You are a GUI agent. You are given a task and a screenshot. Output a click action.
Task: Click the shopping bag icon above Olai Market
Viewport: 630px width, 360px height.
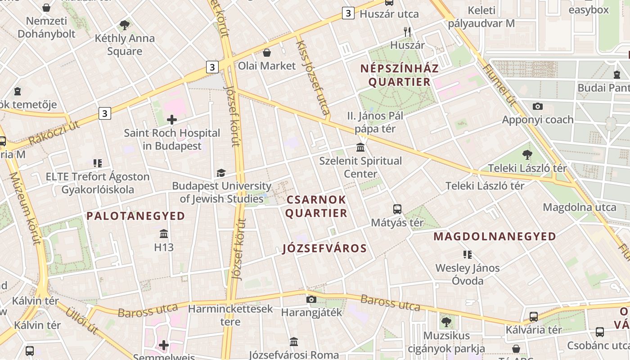(267, 53)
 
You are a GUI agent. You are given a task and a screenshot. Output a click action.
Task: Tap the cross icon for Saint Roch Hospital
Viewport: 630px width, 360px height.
(171, 120)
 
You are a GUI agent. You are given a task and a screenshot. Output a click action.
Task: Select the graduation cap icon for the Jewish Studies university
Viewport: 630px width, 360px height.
(220, 173)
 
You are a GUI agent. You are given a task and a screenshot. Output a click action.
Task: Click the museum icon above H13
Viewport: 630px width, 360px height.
(164, 234)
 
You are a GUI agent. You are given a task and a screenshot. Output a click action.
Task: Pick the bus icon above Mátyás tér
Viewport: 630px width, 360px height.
(397, 209)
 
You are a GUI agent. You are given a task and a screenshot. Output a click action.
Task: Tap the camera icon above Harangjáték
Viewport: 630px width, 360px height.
(311, 299)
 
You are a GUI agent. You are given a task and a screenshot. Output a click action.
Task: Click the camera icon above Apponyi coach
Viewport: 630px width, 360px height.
(537, 107)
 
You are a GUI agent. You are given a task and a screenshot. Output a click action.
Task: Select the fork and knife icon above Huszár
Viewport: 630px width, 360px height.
(407, 31)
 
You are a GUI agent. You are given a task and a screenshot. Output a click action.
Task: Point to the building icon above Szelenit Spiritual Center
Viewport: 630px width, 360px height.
(360, 148)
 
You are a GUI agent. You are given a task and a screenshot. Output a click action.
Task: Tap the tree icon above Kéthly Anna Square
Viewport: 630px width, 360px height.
(125, 25)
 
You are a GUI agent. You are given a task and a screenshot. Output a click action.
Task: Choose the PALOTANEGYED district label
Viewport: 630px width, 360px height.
(136, 216)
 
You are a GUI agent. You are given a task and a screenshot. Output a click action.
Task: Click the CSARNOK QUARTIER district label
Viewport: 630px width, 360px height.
(316, 206)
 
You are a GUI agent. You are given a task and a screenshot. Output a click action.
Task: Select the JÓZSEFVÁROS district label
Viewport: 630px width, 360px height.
(324, 248)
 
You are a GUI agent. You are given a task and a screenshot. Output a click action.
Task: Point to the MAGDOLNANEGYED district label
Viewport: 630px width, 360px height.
(495, 236)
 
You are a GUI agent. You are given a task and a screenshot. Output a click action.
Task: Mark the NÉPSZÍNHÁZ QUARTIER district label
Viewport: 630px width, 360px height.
(400, 75)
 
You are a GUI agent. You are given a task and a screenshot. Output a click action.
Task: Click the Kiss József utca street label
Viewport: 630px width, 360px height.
(313, 77)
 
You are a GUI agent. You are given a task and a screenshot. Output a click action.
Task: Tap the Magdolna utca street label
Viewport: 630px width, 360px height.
(579, 207)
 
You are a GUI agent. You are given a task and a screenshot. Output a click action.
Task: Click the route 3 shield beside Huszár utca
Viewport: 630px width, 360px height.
(347, 13)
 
